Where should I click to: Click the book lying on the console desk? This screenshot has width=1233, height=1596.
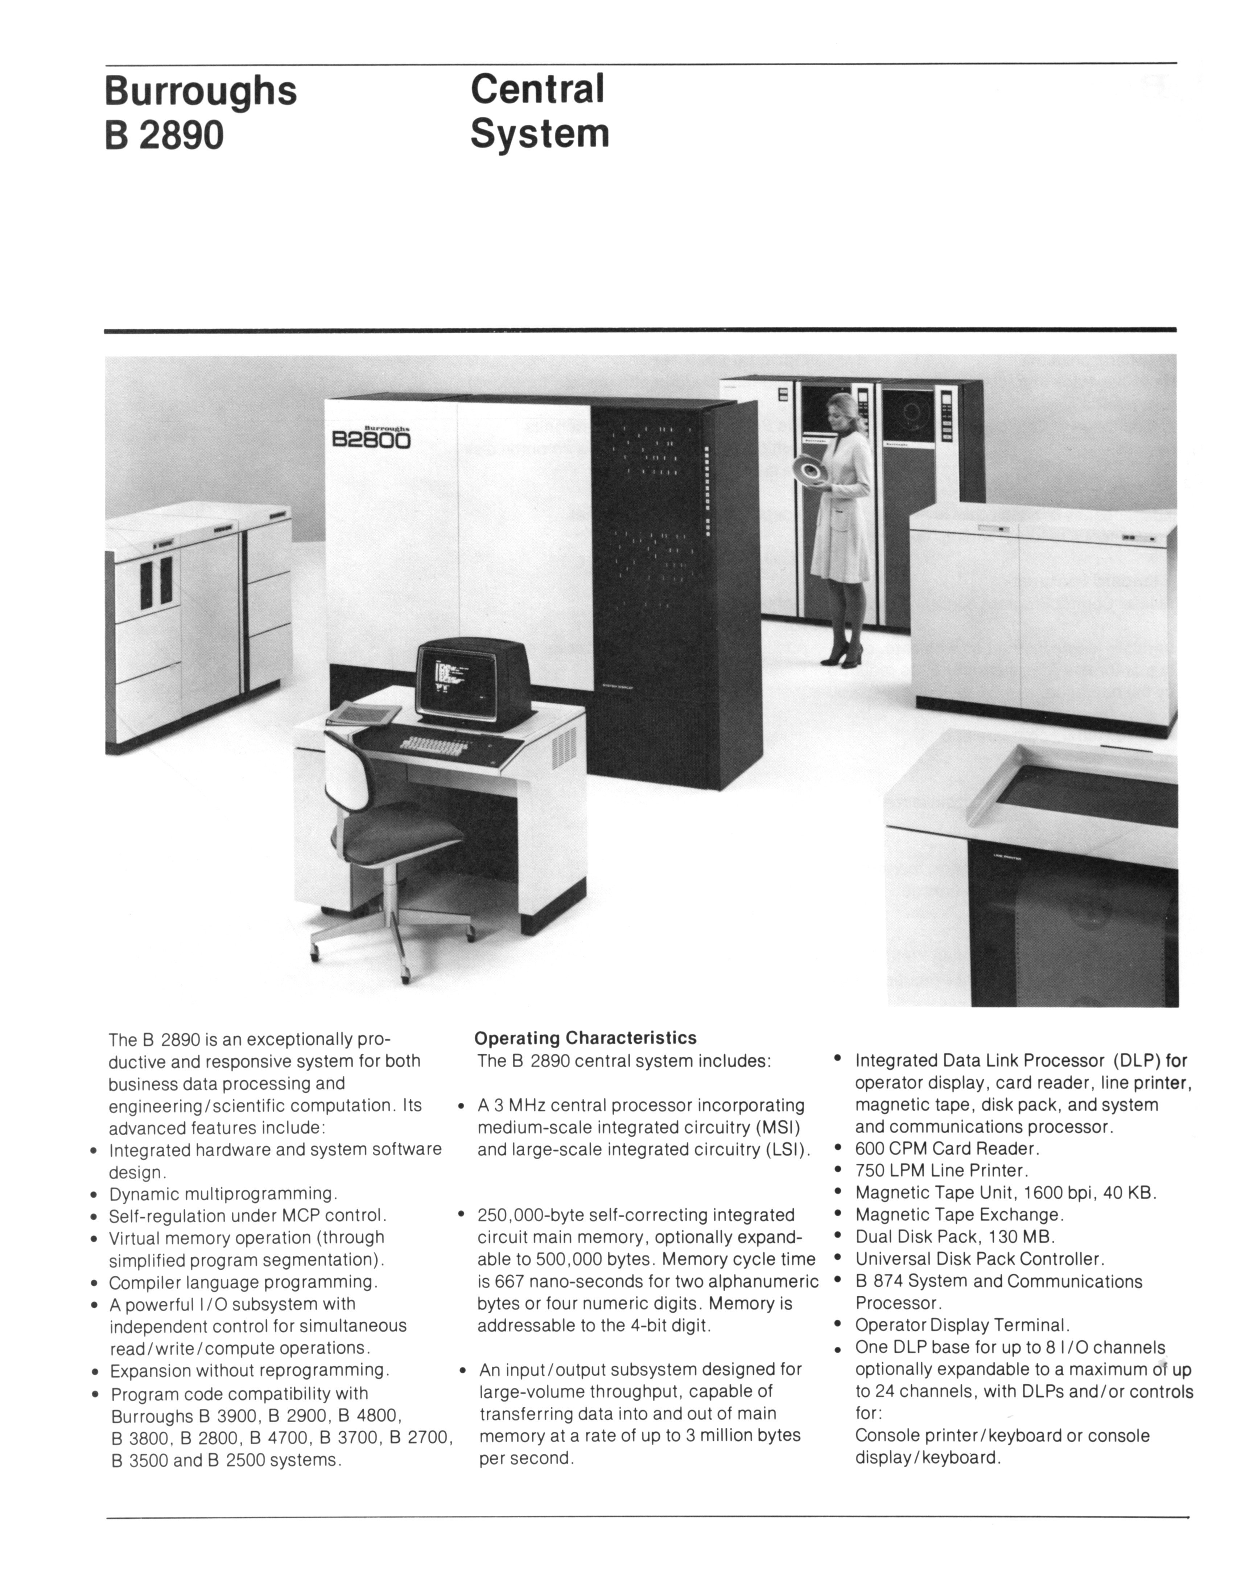(x=363, y=712)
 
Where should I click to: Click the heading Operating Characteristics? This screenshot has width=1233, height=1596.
(x=585, y=1038)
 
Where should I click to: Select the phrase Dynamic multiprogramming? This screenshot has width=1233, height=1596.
(x=223, y=1194)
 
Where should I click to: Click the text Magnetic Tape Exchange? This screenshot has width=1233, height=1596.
(x=959, y=1215)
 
